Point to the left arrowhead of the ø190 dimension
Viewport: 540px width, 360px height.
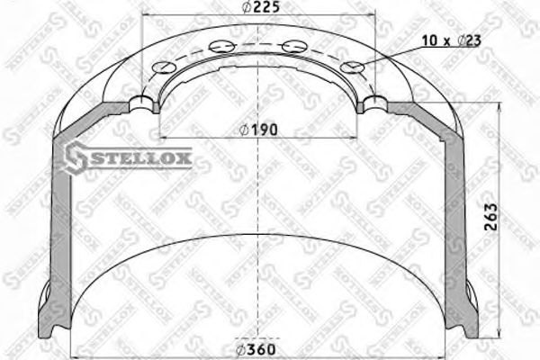pos(162,136)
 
